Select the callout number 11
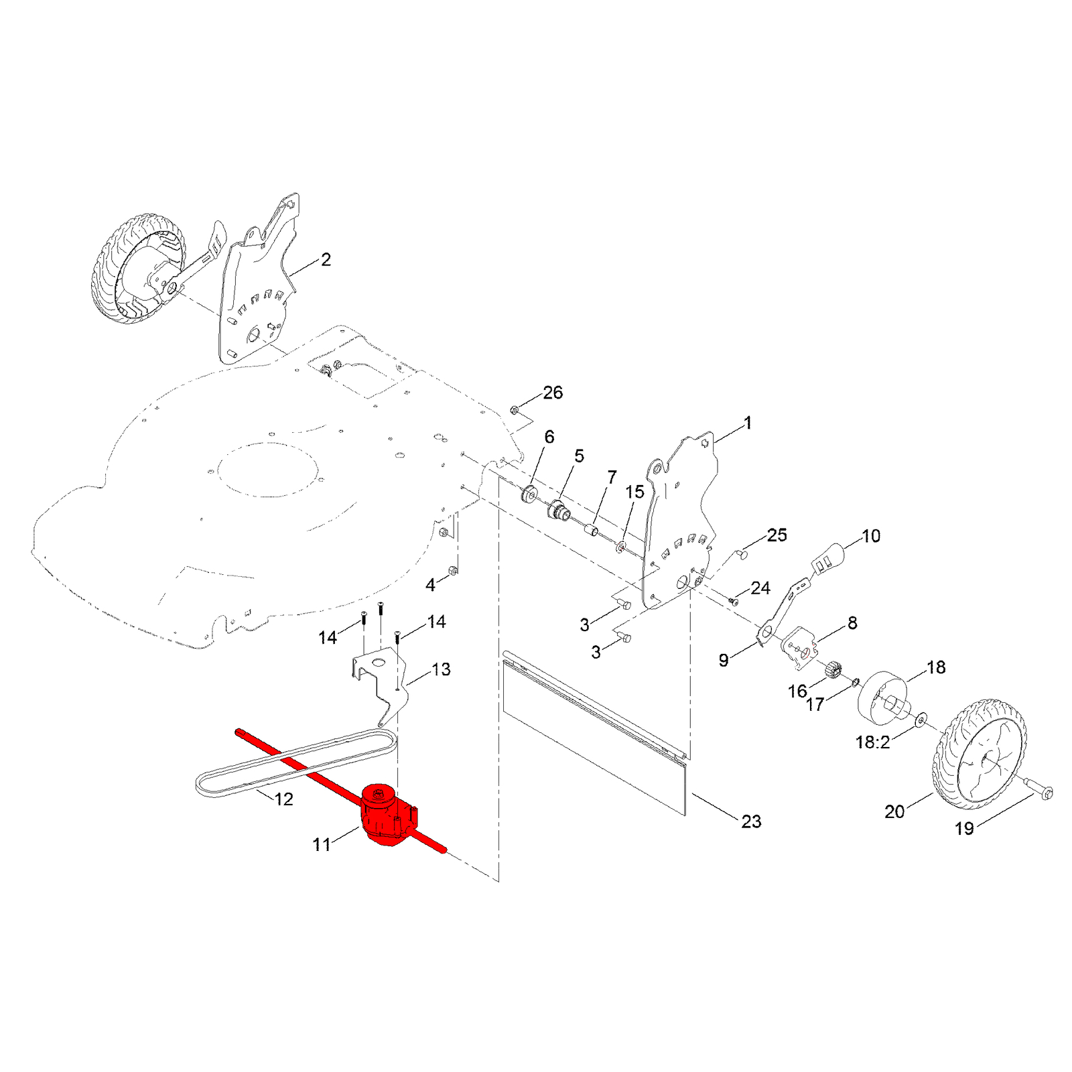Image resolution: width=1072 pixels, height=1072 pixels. (322, 845)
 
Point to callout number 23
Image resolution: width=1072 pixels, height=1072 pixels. (751, 821)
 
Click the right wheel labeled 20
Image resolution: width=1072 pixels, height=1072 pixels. (979, 754)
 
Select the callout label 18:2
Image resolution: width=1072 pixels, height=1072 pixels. (873, 742)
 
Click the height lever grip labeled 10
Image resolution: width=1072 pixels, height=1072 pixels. (830, 557)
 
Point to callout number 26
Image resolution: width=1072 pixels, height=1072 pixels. (553, 393)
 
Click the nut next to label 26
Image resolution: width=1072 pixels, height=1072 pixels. (515, 410)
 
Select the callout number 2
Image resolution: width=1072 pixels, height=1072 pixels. (326, 259)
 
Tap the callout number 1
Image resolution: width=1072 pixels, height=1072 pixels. (748, 423)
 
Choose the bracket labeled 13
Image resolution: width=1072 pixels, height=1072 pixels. (381, 683)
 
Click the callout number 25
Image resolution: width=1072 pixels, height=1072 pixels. (777, 535)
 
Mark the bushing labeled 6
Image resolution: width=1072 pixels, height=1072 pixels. (529, 495)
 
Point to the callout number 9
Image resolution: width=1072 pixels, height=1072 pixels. (724, 660)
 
